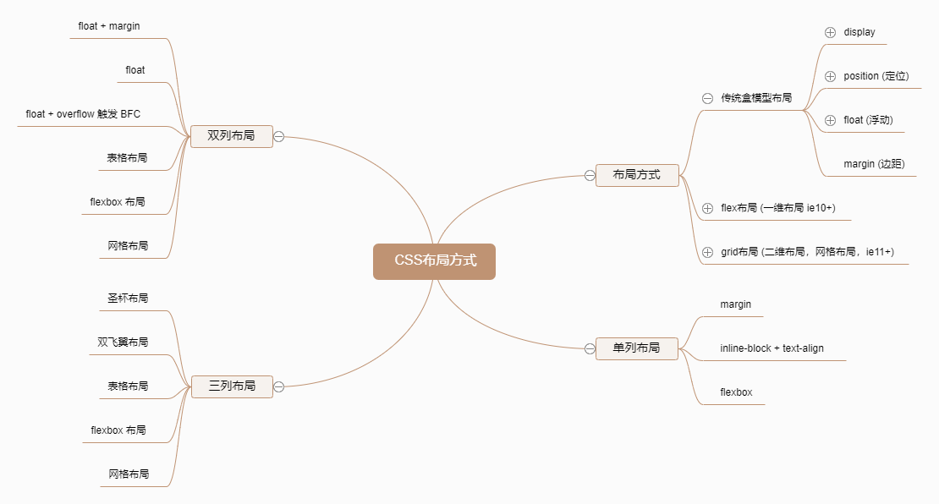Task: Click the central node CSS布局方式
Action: click(x=434, y=261)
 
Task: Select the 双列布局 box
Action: click(x=231, y=136)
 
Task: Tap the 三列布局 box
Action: click(x=231, y=386)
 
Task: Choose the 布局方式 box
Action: click(x=637, y=175)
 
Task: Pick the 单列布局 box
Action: click(x=636, y=348)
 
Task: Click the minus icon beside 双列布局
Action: click(x=278, y=137)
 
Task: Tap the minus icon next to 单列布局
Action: click(x=590, y=348)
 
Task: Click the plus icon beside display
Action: click(x=830, y=32)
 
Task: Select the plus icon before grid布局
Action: click(x=707, y=252)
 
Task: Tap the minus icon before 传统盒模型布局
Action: click(x=707, y=98)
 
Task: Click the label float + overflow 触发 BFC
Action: click(x=83, y=114)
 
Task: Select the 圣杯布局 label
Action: click(x=128, y=299)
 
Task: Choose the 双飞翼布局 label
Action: click(x=123, y=342)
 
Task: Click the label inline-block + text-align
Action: click(x=772, y=348)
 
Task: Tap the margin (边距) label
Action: click(x=874, y=164)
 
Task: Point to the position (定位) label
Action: click(x=876, y=76)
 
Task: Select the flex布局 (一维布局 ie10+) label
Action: click(x=778, y=208)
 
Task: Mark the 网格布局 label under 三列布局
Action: click(x=129, y=474)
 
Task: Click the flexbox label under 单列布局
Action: click(x=736, y=392)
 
